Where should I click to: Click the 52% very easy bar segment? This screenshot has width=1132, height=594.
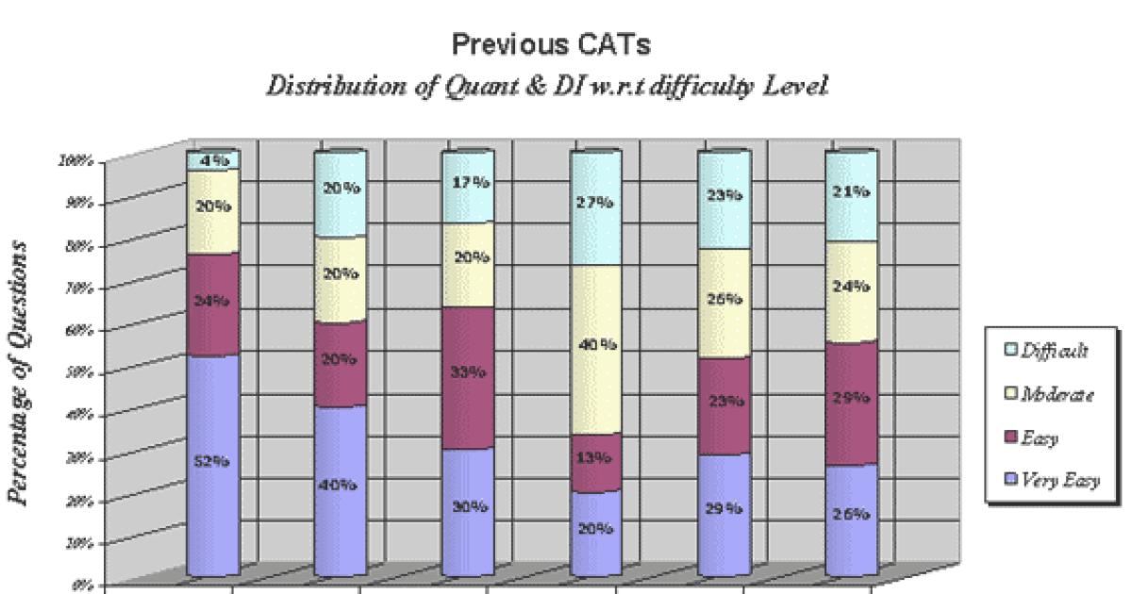coord(211,462)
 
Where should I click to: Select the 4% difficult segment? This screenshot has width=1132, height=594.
coord(211,160)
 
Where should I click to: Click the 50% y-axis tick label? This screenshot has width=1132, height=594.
coord(80,372)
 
